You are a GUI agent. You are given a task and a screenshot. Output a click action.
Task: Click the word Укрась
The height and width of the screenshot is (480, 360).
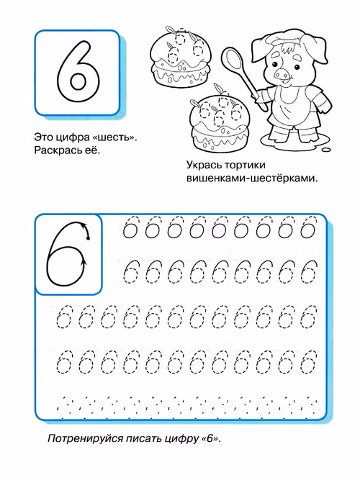206,164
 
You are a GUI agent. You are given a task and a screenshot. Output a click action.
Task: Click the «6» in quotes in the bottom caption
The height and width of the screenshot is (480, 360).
210,438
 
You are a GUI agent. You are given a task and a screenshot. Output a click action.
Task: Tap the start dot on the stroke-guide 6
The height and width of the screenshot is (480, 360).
88,237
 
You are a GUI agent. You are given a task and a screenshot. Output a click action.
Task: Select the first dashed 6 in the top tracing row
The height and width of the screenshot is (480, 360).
131,229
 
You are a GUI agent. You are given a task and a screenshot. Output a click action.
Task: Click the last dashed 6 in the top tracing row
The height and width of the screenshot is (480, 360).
308,229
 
